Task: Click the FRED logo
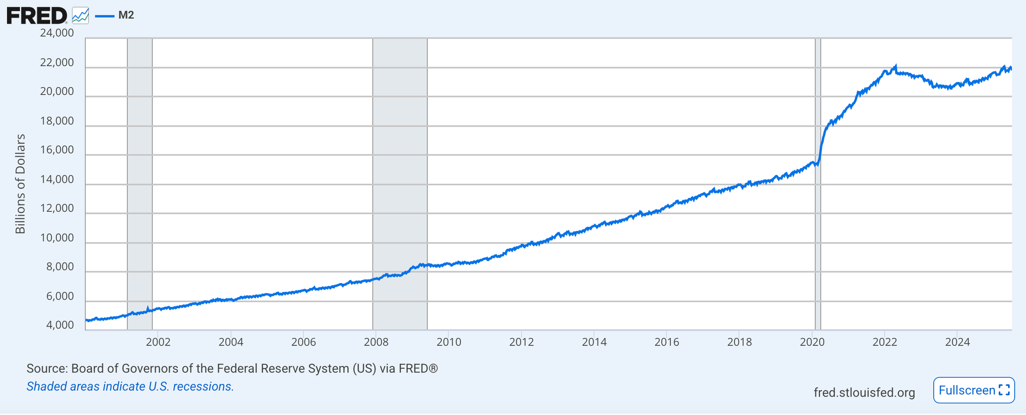tap(36, 15)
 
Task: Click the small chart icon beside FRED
tap(81, 15)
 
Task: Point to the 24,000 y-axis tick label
tap(57, 33)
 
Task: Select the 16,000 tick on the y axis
tap(57, 150)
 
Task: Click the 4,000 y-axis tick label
tap(60, 325)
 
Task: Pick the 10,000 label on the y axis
tap(57, 238)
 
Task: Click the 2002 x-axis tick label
tap(158, 342)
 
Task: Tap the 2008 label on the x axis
tap(376, 342)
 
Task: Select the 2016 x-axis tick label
tap(667, 342)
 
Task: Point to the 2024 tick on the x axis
tap(957, 342)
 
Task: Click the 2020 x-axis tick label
tap(812, 342)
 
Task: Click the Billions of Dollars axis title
tap(21, 184)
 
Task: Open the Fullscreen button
tap(974, 390)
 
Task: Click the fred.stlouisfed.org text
tap(864, 393)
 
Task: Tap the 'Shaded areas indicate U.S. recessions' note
tap(130, 387)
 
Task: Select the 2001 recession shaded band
tap(140, 184)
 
